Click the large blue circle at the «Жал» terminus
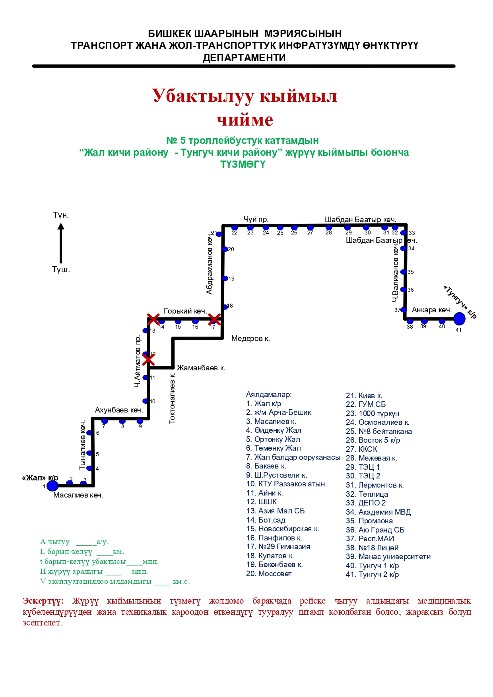(x=52, y=486)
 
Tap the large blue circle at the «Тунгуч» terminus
(x=459, y=319)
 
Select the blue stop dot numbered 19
(x=225, y=279)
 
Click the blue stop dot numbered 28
(x=329, y=228)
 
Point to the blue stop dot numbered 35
(x=404, y=272)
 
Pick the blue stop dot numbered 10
(x=146, y=401)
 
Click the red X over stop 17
(x=214, y=319)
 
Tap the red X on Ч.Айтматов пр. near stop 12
(x=148, y=360)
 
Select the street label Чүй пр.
(x=256, y=219)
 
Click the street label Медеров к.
(x=250, y=339)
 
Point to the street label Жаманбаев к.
(x=201, y=368)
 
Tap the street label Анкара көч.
(x=432, y=310)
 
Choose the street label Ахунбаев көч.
(x=119, y=410)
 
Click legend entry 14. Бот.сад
(x=266, y=520)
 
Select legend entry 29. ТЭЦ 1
(x=363, y=467)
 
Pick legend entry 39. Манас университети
(x=388, y=557)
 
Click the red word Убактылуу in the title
(x=203, y=96)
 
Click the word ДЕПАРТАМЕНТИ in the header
(x=244, y=58)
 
